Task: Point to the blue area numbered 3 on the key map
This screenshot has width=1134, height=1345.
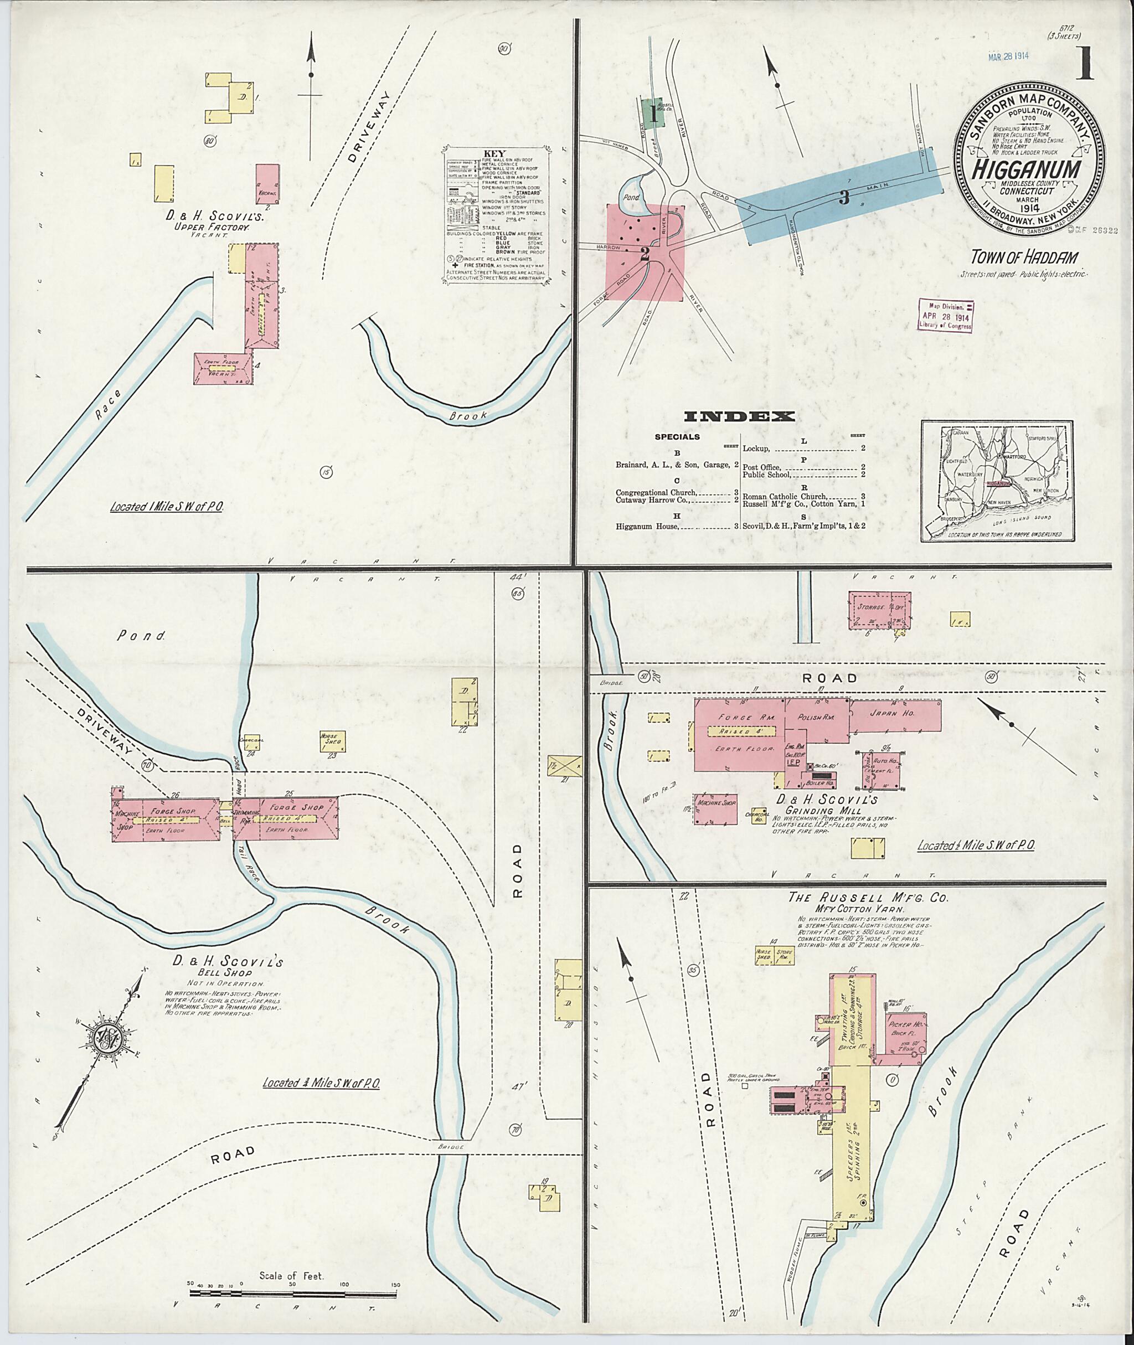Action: (844, 197)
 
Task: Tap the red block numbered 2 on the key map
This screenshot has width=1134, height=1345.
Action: (645, 252)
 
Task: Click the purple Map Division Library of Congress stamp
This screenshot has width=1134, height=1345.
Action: (946, 315)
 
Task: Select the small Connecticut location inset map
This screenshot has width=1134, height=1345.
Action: (997, 481)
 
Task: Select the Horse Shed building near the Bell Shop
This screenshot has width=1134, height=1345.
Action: (332, 741)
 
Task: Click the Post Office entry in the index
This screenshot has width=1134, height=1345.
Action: (762, 467)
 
